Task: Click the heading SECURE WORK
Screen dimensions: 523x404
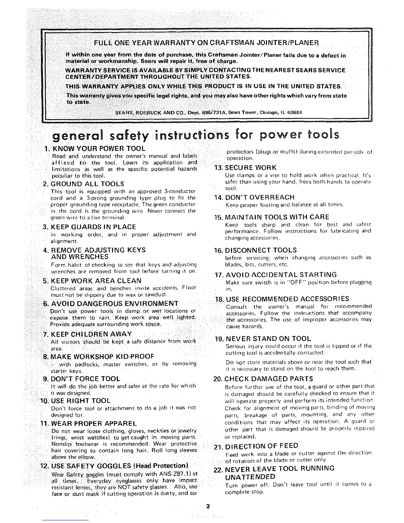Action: click(251, 167)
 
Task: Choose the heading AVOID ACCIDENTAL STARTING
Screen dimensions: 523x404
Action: click(281, 275)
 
